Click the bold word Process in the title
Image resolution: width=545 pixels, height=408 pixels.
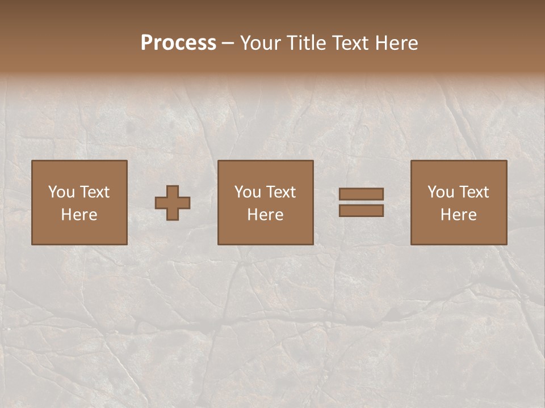coord(178,43)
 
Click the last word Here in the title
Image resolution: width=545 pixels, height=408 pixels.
coord(397,43)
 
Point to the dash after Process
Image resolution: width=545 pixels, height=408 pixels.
coord(228,43)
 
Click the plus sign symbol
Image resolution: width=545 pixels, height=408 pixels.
coord(173,203)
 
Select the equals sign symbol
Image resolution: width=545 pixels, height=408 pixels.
coord(361,202)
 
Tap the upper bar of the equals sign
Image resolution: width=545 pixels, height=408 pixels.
coord(361,194)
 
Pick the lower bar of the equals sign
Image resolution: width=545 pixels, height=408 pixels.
coord(361,210)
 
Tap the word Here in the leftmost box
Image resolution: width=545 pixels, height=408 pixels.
coord(79,215)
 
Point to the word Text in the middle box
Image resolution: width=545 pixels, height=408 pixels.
coord(281,192)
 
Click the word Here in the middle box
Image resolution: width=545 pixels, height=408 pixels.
coord(265,215)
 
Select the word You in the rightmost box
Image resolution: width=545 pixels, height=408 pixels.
coord(441,192)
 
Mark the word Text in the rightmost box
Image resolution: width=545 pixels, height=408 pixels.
coord(474,192)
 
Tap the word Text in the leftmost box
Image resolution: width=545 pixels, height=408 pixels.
coord(95,192)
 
